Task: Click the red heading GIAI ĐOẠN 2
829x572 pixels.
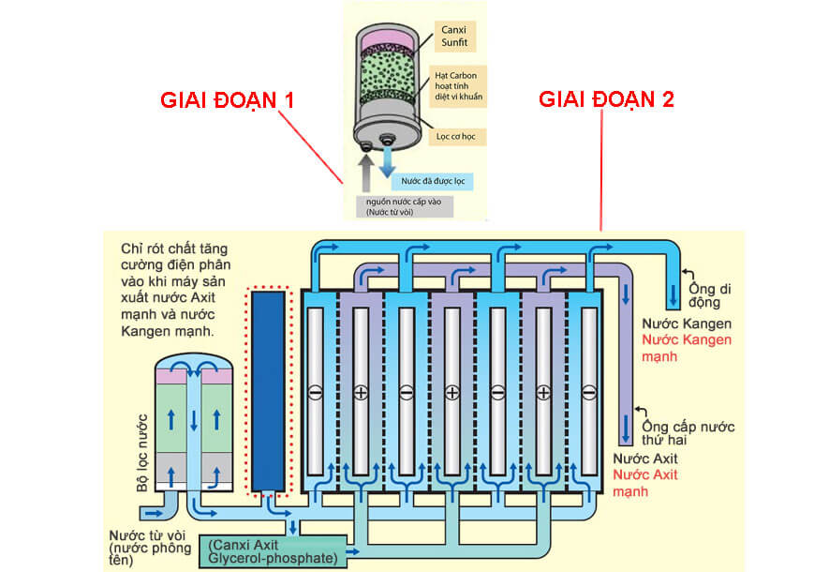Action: (606, 99)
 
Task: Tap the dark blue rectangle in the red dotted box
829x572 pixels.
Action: (269, 391)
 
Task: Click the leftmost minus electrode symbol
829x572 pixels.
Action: (315, 392)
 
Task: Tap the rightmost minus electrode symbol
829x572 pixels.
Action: (588, 392)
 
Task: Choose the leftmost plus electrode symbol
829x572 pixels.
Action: (361, 392)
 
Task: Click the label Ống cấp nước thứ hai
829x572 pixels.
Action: (688, 433)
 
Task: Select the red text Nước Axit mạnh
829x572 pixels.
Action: (646, 483)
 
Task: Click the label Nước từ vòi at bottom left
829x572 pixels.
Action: (146, 541)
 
